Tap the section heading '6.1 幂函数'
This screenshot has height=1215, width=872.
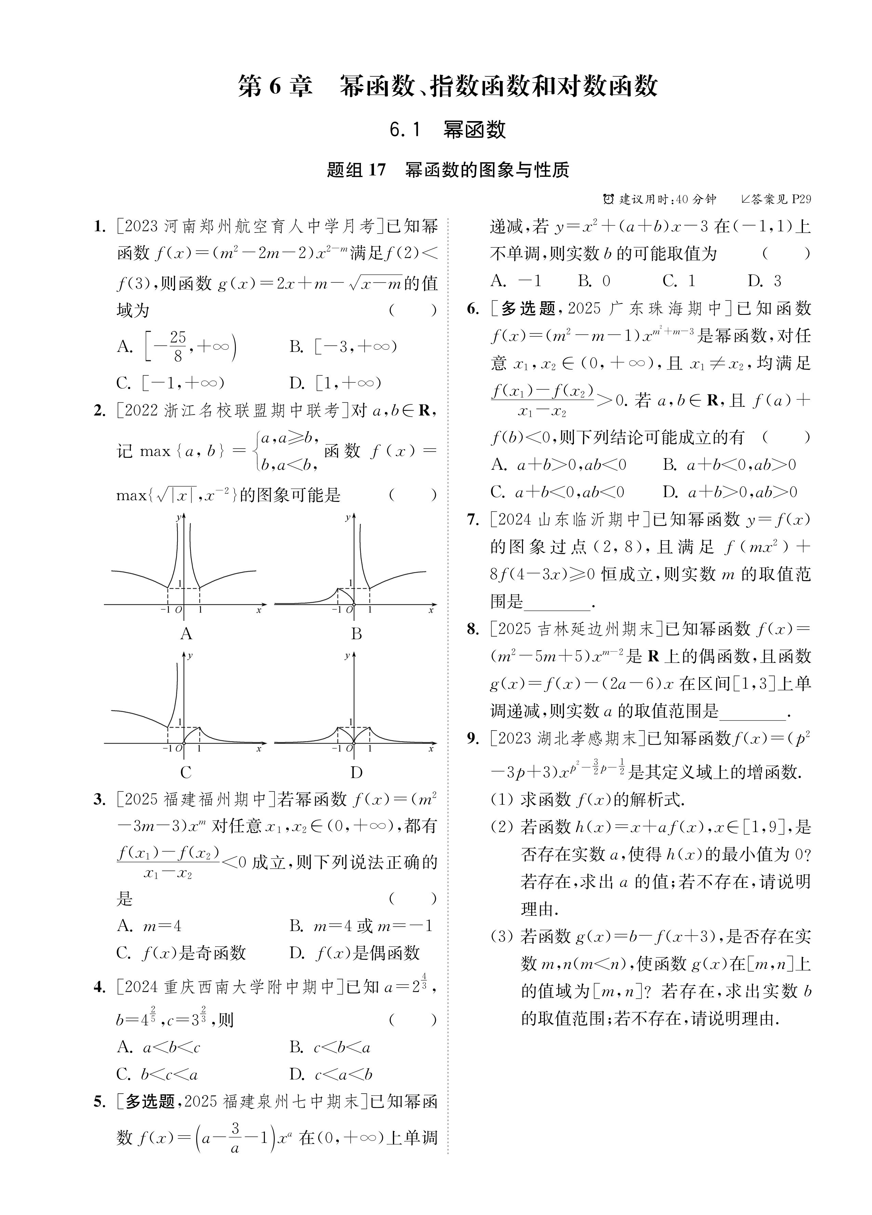click(447, 130)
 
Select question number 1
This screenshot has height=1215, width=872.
click(99, 227)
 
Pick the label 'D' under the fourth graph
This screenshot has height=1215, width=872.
click(356, 773)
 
